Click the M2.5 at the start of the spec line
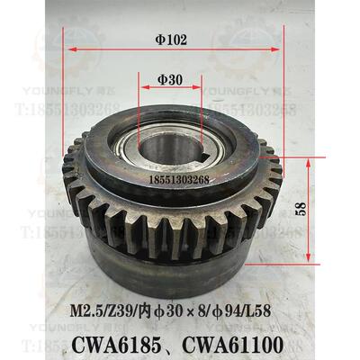coord(88,309)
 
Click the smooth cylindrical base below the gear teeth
coord(162,270)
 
